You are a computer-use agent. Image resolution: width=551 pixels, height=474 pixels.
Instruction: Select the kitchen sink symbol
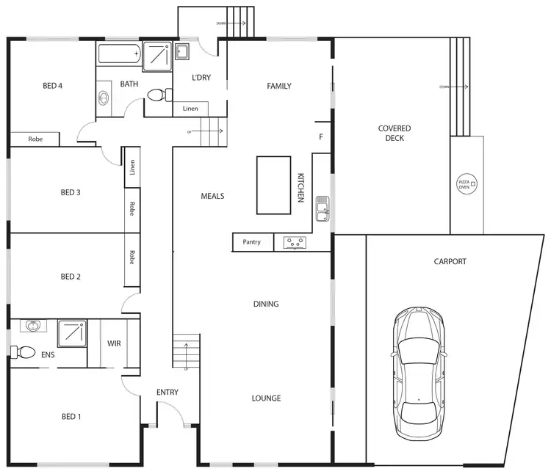tap(322, 208)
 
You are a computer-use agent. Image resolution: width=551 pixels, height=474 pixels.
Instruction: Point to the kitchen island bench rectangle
tap(273, 185)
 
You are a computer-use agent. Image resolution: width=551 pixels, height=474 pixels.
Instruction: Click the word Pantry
tap(252, 242)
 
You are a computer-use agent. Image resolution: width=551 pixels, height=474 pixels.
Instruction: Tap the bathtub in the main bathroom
tap(118, 55)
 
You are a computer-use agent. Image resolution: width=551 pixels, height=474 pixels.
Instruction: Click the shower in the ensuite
tap(73, 333)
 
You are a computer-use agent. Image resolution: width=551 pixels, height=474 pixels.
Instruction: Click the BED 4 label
tap(52, 86)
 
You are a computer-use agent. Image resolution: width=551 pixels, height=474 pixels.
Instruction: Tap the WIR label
tap(114, 343)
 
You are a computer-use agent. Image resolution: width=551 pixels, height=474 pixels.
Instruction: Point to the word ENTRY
tap(168, 392)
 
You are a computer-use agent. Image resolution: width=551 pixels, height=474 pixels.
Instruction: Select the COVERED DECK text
tap(395, 134)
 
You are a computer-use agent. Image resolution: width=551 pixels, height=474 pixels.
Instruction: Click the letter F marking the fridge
tap(321, 136)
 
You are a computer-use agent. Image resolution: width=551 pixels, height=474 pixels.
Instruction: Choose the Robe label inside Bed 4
tap(35, 139)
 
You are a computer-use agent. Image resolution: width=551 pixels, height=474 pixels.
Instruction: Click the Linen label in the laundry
tap(190, 109)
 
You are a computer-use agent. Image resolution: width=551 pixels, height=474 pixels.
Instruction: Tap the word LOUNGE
tap(266, 398)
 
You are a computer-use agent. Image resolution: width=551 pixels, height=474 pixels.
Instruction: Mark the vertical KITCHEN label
tap(300, 188)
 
